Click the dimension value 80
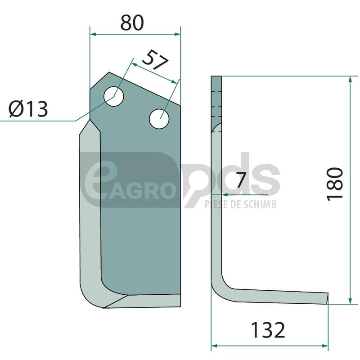(132, 23)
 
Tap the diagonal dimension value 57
(155, 60)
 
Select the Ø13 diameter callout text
(28, 109)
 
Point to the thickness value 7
(241, 180)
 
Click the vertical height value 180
(335, 184)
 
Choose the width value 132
(268, 330)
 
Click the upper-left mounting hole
(114, 96)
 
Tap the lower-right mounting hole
(159, 119)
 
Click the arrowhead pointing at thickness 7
(225, 195)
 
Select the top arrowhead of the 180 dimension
(350, 79)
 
